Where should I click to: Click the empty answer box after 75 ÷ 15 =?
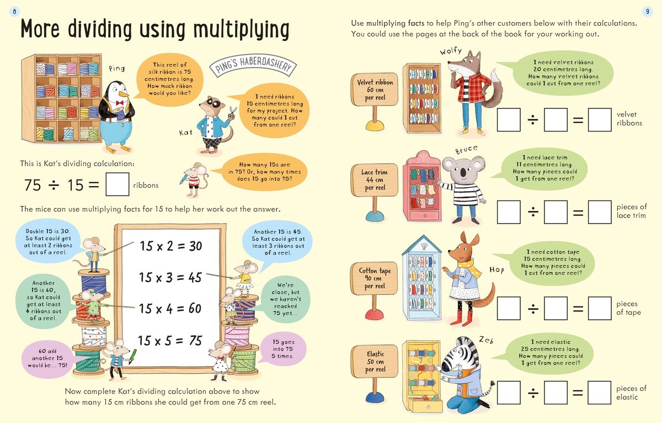[x=117, y=185]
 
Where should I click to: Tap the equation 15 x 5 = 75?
[x=170, y=341]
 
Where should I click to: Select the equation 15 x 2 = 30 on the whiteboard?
[x=170, y=246]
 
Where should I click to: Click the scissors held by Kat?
[x=232, y=111]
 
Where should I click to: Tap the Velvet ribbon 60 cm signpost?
[x=375, y=90]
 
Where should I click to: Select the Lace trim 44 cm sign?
[x=374, y=179]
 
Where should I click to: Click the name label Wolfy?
[x=451, y=51]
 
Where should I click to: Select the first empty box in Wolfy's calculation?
[x=509, y=120]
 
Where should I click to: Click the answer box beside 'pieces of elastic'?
[x=599, y=393]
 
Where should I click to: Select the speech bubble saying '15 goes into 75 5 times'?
[x=284, y=349]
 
